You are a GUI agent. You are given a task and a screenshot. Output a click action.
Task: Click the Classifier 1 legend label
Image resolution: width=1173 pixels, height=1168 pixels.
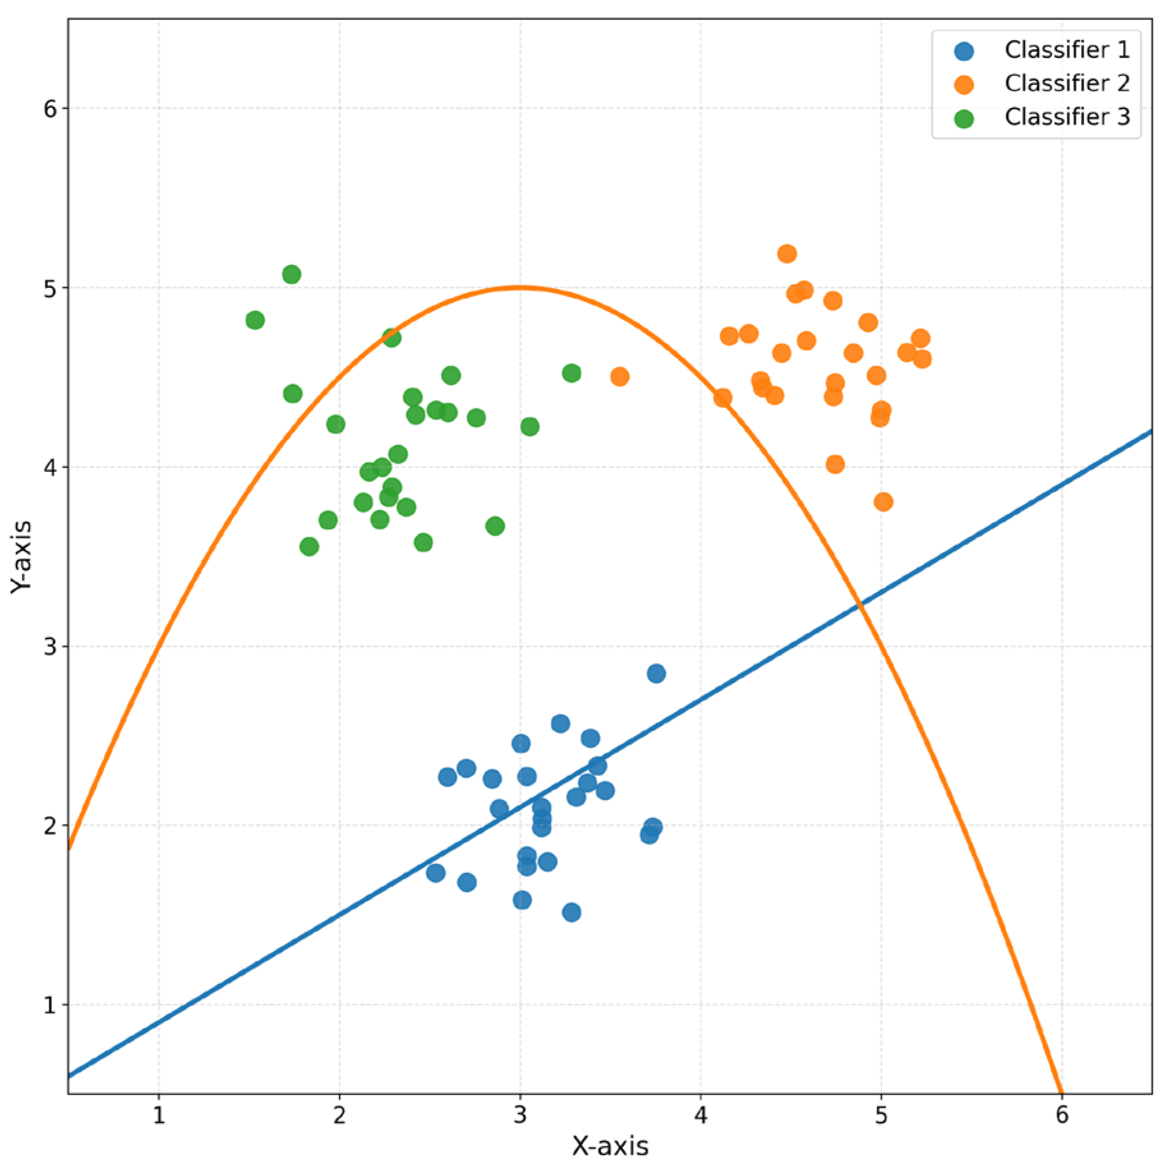click(x=1066, y=50)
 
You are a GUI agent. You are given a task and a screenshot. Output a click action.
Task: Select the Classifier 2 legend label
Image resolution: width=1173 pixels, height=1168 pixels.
click(x=1066, y=83)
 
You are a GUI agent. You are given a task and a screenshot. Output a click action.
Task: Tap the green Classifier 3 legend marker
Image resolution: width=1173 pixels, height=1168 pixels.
click(x=963, y=118)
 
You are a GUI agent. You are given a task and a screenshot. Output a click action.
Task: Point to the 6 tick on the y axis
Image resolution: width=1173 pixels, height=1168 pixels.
click(x=50, y=109)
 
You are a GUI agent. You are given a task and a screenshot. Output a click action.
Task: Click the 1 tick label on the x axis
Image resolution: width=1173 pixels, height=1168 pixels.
click(x=158, y=1114)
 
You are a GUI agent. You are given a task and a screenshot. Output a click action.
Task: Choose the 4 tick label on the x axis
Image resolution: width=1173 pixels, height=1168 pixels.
click(x=700, y=1114)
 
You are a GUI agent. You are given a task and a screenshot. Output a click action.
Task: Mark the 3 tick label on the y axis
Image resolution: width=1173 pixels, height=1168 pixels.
click(x=50, y=646)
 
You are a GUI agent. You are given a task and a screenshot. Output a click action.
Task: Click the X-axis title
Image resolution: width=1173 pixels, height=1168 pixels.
click(x=609, y=1146)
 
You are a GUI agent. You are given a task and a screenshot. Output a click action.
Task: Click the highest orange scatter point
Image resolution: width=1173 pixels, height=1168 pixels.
click(x=786, y=254)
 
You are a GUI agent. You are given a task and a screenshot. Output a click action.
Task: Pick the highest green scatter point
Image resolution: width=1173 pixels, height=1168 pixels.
click(x=291, y=275)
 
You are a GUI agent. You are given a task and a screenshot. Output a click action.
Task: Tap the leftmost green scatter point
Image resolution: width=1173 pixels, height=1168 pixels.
click(x=255, y=320)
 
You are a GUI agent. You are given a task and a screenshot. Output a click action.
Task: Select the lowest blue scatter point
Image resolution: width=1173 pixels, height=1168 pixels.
click(x=571, y=912)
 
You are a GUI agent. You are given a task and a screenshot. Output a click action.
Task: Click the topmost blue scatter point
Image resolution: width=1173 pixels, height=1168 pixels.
click(x=656, y=673)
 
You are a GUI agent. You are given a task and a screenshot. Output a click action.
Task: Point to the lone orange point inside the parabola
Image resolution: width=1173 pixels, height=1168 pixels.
click(x=619, y=377)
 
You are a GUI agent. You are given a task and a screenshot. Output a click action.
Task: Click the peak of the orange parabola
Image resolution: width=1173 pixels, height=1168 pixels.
click(x=519, y=287)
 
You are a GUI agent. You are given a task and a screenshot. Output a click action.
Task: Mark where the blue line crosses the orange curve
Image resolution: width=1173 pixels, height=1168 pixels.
click(x=860, y=602)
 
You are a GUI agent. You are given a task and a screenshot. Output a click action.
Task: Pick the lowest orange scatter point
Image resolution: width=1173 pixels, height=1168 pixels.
click(x=883, y=502)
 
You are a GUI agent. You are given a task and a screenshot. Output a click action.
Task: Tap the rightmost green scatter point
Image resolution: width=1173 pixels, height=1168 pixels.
click(x=571, y=373)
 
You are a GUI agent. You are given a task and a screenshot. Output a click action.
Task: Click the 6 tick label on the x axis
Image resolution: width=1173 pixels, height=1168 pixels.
click(x=1061, y=1114)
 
